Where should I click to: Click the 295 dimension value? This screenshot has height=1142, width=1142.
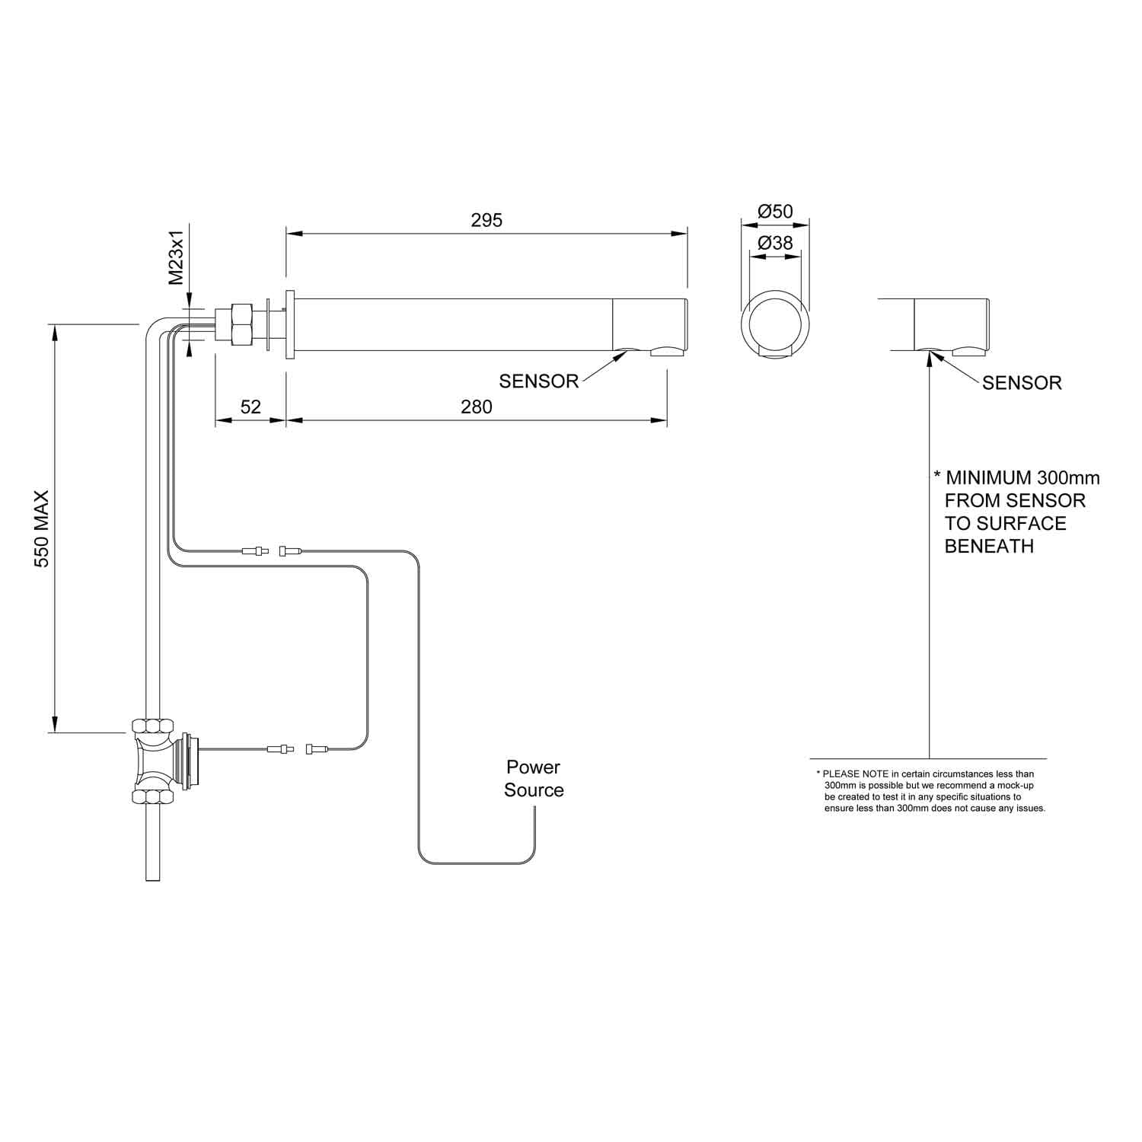click(x=486, y=220)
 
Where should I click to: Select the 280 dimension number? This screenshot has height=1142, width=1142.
click(x=477, y=407)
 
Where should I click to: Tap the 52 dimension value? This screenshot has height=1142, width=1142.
click(x=250, y=407)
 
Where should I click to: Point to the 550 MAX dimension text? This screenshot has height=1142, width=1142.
click(x=42, y=528)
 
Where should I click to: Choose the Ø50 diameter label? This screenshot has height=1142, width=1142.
click(x=776, y=212)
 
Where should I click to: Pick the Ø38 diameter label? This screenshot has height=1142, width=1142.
click(x=776, y=243)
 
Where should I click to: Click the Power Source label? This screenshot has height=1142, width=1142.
click(x=534, y=778)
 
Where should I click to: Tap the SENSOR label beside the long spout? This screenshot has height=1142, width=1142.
click(x=539, y=381)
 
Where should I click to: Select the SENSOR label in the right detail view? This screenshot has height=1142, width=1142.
click(x=1022, y=382)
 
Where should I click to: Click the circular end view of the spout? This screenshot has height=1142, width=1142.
click(x=776, y=324)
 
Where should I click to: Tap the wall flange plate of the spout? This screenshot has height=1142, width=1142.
click(x=290, y=324)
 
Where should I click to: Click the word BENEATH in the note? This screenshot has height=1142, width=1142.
click(x=989, y=546)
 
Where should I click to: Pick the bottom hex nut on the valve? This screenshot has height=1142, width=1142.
click(x=153, y=796)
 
